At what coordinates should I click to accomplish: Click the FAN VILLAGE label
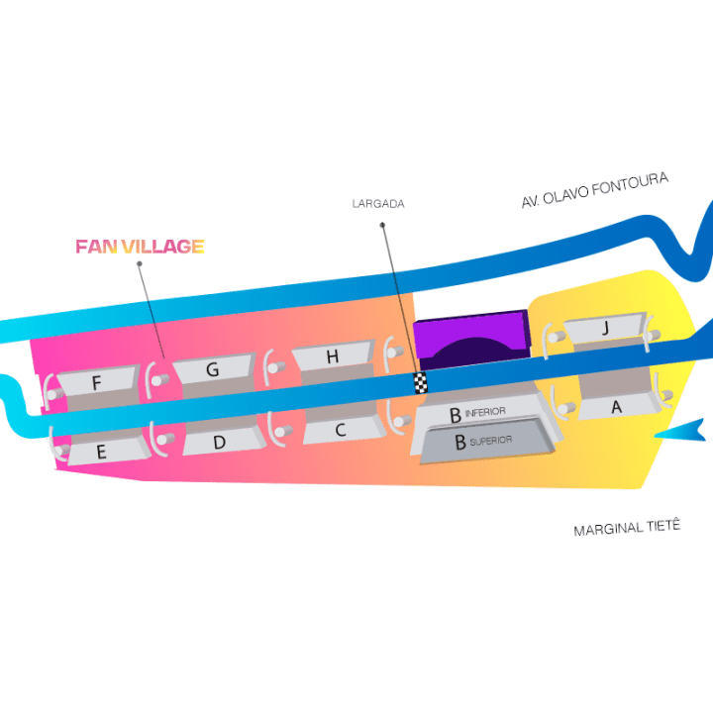140,247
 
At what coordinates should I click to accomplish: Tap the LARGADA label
378,204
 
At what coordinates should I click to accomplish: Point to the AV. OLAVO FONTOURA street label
595,190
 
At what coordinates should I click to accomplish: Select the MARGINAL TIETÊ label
627,529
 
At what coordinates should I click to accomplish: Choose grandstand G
212,369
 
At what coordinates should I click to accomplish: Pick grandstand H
333,356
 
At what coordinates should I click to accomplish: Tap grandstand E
101,451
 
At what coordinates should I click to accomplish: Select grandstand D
219,442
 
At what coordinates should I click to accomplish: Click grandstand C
340,430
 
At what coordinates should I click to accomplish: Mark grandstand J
604,328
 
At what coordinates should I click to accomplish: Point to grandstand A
616,406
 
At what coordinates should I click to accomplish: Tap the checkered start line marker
420,383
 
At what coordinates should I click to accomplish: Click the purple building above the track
469,341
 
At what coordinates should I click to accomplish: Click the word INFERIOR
486,411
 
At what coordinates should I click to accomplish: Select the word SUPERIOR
492,443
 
